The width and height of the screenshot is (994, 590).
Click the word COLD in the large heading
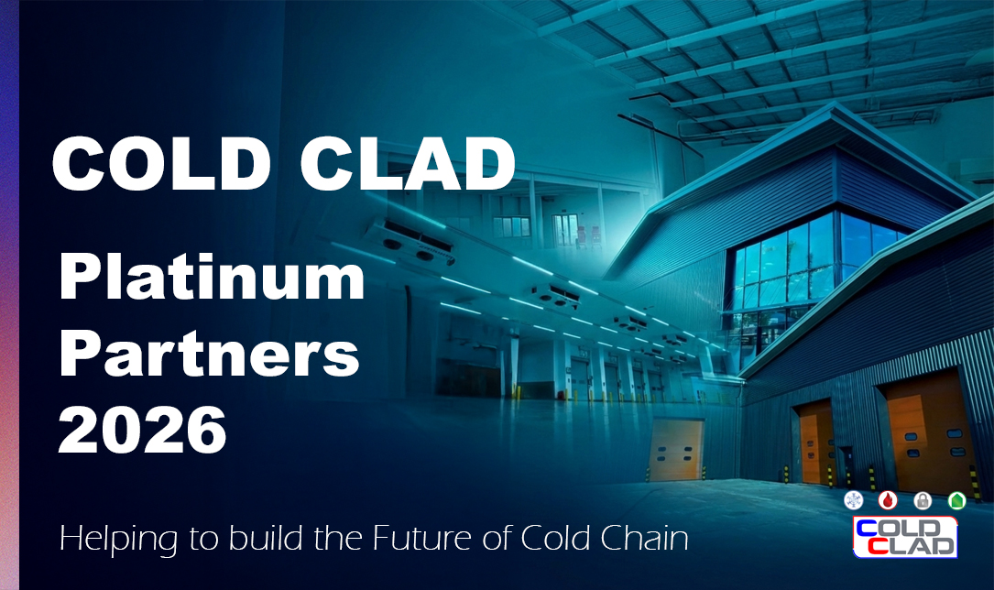tap(161, 163)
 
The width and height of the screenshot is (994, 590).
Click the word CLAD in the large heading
tap(407, 163)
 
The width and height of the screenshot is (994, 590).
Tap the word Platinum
tap(212, 279)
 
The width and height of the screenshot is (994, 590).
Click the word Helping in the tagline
tap(118, 540)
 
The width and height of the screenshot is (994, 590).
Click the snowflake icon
tap(854, 500)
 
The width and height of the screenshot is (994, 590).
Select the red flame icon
tap(888, 500)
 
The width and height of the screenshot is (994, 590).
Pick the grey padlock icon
tap(923, 500)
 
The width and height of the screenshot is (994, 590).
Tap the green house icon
tap(956, 500)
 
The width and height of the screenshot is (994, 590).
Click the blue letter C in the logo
tap(866, 528)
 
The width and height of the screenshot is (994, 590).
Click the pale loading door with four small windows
tap(675, 450)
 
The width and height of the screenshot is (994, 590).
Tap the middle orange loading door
tap(816, 442)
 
